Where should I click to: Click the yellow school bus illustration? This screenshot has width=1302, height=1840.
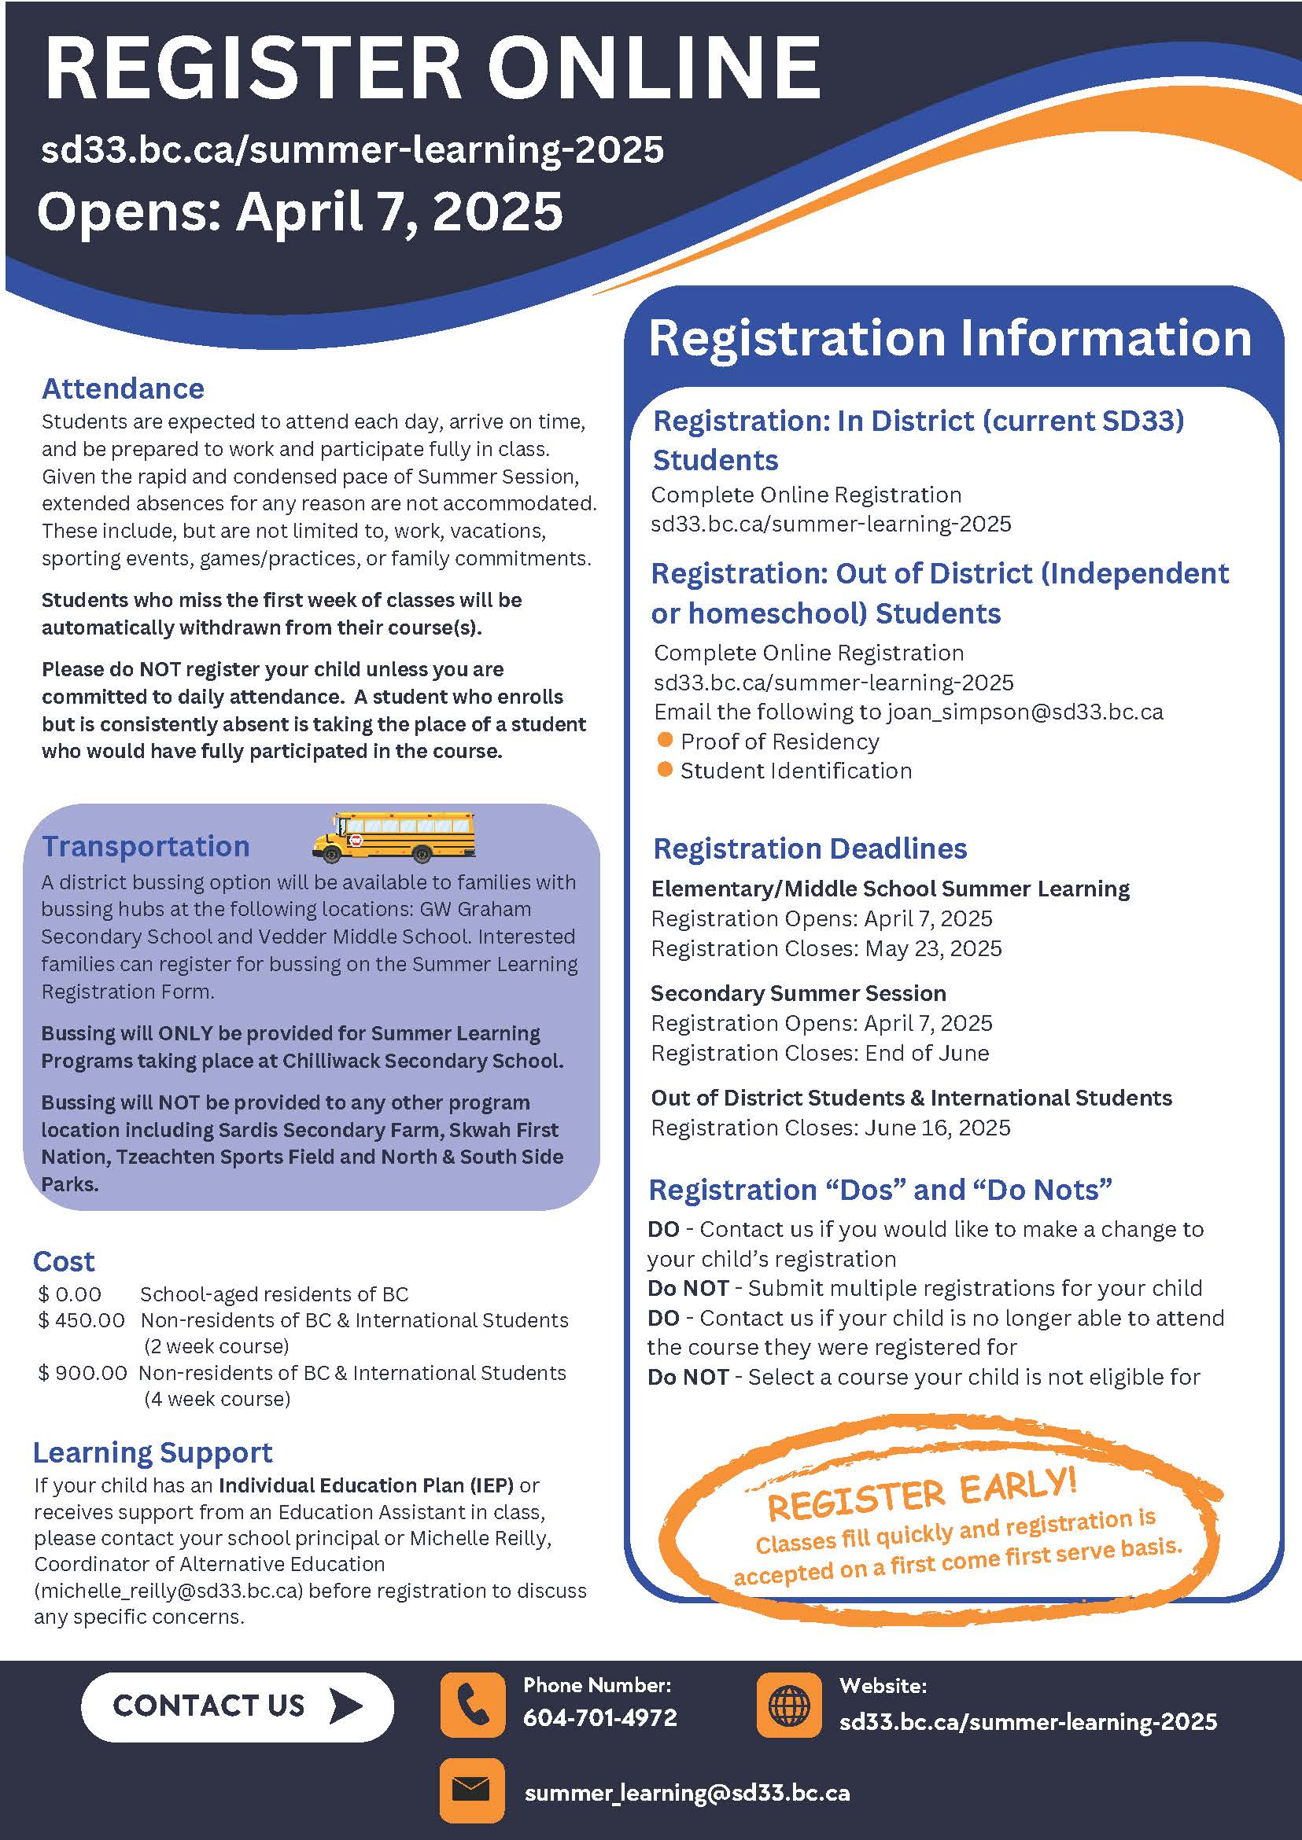pos(393,837)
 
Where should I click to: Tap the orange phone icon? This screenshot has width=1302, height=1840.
pos(472,1705)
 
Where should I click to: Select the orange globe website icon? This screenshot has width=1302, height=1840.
pos(789,1705)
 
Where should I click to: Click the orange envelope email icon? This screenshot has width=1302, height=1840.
pos(472,1790)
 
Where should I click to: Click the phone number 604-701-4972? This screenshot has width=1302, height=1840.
pos(599,1717)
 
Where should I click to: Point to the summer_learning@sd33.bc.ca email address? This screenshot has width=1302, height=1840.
pos(687,1793)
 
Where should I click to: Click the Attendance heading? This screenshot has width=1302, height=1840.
pos(123,388)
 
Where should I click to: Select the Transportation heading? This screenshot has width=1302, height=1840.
pos(146,846)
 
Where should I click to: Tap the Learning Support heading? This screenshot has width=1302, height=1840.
pos(153,1452)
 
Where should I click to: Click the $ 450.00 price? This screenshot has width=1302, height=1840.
pos(82,1320)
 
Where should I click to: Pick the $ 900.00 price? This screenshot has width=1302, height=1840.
pos(83,1373)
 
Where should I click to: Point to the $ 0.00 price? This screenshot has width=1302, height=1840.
pos(70,1294)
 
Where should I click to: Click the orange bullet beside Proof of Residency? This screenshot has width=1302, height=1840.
pos(665,740)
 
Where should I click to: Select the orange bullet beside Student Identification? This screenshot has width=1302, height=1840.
pos(665,769)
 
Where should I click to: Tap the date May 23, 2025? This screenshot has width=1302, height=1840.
pos(933,948)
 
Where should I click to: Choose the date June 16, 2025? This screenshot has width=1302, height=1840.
pos(937,1128)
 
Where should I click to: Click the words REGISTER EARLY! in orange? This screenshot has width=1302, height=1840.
pos(921,1496)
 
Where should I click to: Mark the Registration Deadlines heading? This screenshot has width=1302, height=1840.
pos(810,848)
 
